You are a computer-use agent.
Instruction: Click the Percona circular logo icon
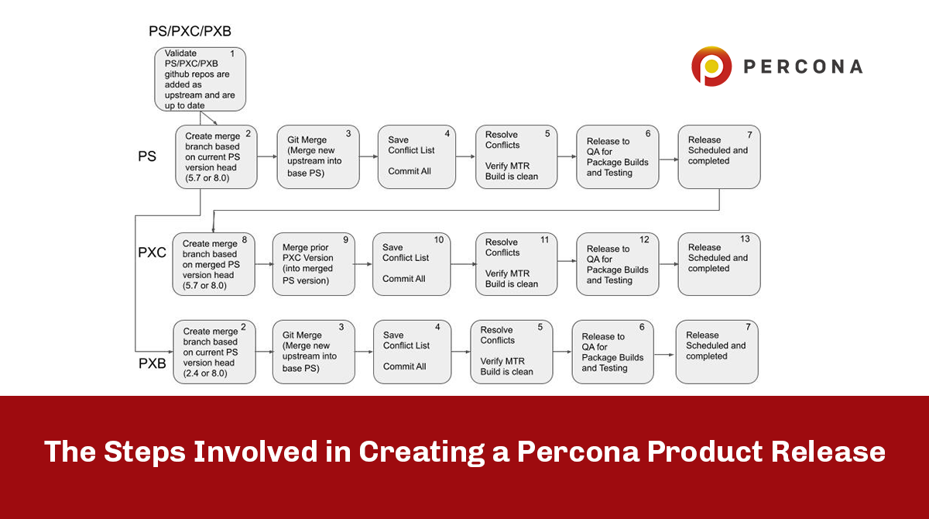point(711,66)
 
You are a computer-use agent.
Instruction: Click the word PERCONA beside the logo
point(803,67)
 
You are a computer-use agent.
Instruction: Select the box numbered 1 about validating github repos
point(200,78)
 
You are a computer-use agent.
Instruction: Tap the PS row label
point(147,156)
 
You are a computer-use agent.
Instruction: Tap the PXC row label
point(152,253)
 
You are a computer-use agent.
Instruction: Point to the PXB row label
point(152,363)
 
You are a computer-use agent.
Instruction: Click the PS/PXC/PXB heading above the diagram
point(190,32)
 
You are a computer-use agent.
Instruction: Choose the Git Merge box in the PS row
point(318,156)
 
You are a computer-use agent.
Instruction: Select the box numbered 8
point(214,264)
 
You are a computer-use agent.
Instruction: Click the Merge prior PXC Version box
point(314,264)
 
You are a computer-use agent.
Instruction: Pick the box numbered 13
point(718,264)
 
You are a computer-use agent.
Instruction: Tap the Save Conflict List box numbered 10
point(411,264)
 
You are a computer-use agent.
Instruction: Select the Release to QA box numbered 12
point(617,264)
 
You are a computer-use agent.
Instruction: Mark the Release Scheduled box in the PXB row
point(717,352)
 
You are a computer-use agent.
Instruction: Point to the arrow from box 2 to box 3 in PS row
point(266,156)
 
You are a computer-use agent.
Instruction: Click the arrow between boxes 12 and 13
point(668,264)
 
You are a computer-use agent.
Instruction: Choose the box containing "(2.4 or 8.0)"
point(214,352)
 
